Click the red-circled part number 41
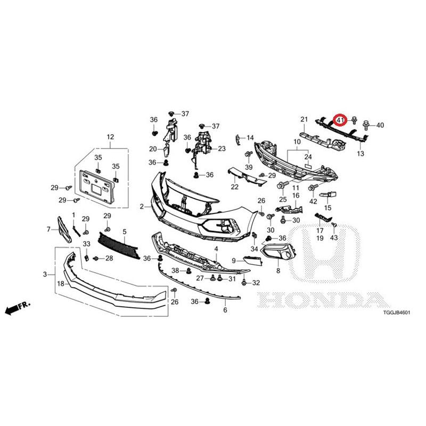pos(340,119)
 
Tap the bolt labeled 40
pos(367,126)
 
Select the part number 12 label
pos(110,137)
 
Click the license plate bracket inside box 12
pos(96,187)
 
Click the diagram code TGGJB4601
pos(396,313)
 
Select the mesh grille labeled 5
pos(119,245)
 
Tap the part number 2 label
pos(142,207)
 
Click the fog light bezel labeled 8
pos(278,251)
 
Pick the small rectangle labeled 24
pos(309,165)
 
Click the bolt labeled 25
pos(281,186)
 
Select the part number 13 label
pos(361,153)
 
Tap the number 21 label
pos(304,119)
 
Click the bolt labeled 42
pos(313,187)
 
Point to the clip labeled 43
pos(334,225)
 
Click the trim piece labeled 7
pos(63,230)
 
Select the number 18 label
pos(60,284)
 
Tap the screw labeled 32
pos(244,283)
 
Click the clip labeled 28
pos(96,258)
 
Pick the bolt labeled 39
pos(248,154)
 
